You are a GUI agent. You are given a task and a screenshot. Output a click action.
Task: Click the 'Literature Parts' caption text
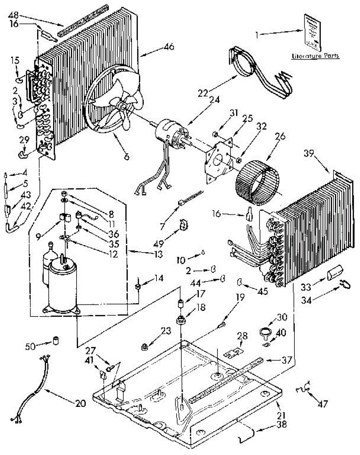[x=315, y=56]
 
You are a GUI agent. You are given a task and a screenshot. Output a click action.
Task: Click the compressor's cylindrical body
[x=63, y=286]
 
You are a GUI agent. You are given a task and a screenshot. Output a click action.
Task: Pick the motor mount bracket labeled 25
[x=219, y=159]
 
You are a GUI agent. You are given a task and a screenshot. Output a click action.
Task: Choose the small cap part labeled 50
[x=56, y=340]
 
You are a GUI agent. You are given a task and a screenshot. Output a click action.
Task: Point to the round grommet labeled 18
[x=180, y=320]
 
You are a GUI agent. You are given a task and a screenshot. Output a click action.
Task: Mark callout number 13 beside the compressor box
[x=157, y=252]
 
